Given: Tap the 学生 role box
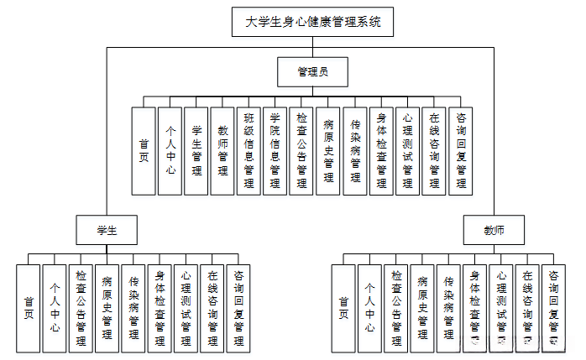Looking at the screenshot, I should [106, 229].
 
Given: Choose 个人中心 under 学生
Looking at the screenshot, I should [55, 307].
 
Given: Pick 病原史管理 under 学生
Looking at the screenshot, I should [107, 307].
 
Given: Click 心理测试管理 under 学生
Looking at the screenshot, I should [186, 307].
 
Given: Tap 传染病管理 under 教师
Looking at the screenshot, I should [448, 307].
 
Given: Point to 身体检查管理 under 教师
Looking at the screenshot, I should [475, 307].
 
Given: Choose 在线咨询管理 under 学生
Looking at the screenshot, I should [212, 307].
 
